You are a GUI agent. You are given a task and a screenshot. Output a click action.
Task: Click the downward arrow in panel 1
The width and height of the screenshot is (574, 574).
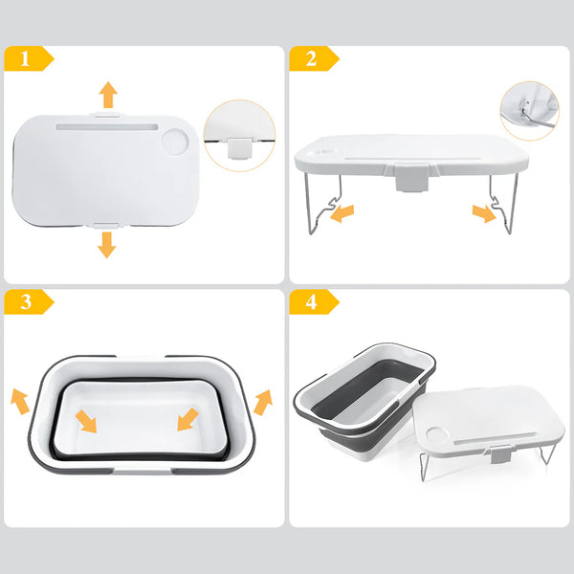pos(106,244)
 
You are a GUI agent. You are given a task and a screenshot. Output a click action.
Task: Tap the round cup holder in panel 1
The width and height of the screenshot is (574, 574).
pos(175,143)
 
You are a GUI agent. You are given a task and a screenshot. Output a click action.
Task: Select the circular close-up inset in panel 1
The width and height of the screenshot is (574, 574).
pos(239,136)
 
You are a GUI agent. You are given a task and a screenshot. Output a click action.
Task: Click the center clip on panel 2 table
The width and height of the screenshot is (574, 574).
pos(412,178)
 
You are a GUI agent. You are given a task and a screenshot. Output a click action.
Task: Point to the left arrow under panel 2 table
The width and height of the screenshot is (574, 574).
pos(341,212)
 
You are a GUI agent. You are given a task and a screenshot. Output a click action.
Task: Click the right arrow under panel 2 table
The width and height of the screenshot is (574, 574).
pos(484,212)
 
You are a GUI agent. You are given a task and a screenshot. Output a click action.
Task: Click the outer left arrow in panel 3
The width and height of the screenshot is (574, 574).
pos(20,399)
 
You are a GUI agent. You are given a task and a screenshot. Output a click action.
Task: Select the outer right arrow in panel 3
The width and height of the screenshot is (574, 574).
pos(262,399)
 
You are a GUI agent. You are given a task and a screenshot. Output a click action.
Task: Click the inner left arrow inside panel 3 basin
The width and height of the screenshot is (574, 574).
pos(88,419)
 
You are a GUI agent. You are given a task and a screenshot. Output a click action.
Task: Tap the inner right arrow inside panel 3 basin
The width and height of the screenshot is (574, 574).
pos(187,419)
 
